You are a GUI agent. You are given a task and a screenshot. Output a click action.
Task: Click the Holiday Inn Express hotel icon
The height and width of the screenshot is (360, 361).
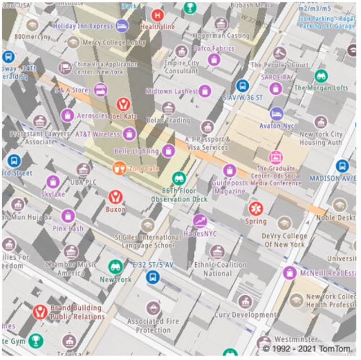click(122, 26)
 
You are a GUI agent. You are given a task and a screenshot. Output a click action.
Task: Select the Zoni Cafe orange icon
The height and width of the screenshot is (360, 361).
click(119, 168)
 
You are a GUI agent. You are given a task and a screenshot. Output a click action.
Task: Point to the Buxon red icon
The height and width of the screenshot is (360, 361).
click(116, 197)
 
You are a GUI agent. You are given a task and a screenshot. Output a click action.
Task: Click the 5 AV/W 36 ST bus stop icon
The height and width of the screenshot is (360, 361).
click(243, 86)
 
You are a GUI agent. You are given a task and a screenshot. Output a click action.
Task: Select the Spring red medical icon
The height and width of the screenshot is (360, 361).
click(256, 208)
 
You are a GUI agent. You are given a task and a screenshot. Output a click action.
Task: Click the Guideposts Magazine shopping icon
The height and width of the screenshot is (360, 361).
click(229, 171)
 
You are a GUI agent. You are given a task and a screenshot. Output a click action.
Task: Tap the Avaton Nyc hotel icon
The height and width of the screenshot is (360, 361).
click(276, 114)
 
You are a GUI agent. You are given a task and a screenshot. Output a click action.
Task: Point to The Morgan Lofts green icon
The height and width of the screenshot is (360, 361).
click(322, 76)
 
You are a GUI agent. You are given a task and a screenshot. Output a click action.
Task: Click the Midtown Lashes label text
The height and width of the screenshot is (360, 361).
click(170, 91)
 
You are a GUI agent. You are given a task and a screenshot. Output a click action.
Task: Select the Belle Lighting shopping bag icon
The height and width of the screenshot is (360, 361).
click(168, 150)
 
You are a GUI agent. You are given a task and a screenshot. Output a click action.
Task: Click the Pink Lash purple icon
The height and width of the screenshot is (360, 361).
click(68, 216)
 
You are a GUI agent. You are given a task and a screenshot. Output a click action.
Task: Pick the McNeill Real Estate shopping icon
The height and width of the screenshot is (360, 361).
click(290, 273)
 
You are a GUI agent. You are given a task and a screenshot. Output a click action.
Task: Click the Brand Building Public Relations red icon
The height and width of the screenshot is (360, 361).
click(39, 312)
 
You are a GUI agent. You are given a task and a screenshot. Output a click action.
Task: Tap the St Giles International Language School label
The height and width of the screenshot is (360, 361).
click(148, 242)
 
